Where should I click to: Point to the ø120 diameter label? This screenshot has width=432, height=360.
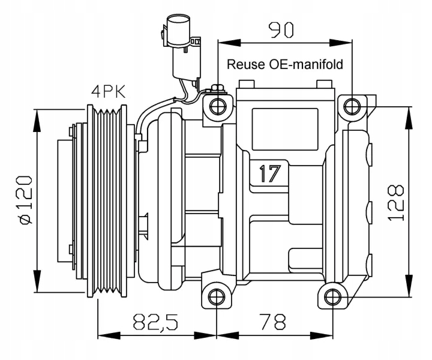(25, 200)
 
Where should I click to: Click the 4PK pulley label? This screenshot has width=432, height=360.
(108, 92)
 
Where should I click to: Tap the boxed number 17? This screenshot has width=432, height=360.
(270, 174)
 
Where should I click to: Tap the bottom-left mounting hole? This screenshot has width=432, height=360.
(217, 296)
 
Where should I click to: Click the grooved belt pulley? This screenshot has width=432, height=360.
(108, 201)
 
